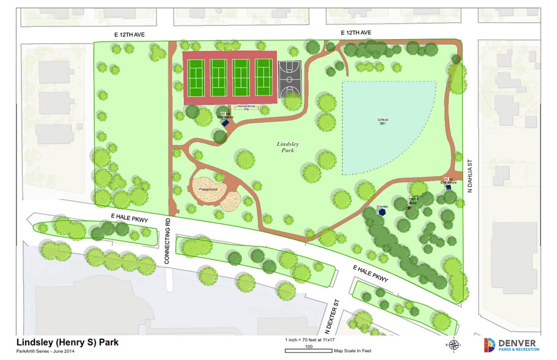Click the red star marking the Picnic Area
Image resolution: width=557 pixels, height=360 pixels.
pyautogui.click(x=409, y=208)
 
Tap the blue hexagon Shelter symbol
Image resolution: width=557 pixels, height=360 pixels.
pyautogui.click(x=382, y=212)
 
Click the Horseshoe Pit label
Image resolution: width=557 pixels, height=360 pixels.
pyautogui.click(x=246, y=108)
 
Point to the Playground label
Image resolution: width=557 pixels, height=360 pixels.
pyautogui.click(x=208, y=190)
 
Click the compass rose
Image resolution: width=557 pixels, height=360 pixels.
pyautogui.click(x=454, y=345)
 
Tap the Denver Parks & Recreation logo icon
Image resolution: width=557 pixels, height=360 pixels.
pyautogui.click(x=490, y=345)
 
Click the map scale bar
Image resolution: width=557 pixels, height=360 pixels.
pyautogui.click(x=309, y=351)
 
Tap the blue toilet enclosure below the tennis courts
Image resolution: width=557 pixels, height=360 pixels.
pyautogui.click(x=225, y=122)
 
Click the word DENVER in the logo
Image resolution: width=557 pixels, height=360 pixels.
pyautogui.click(x=518, y=342)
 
